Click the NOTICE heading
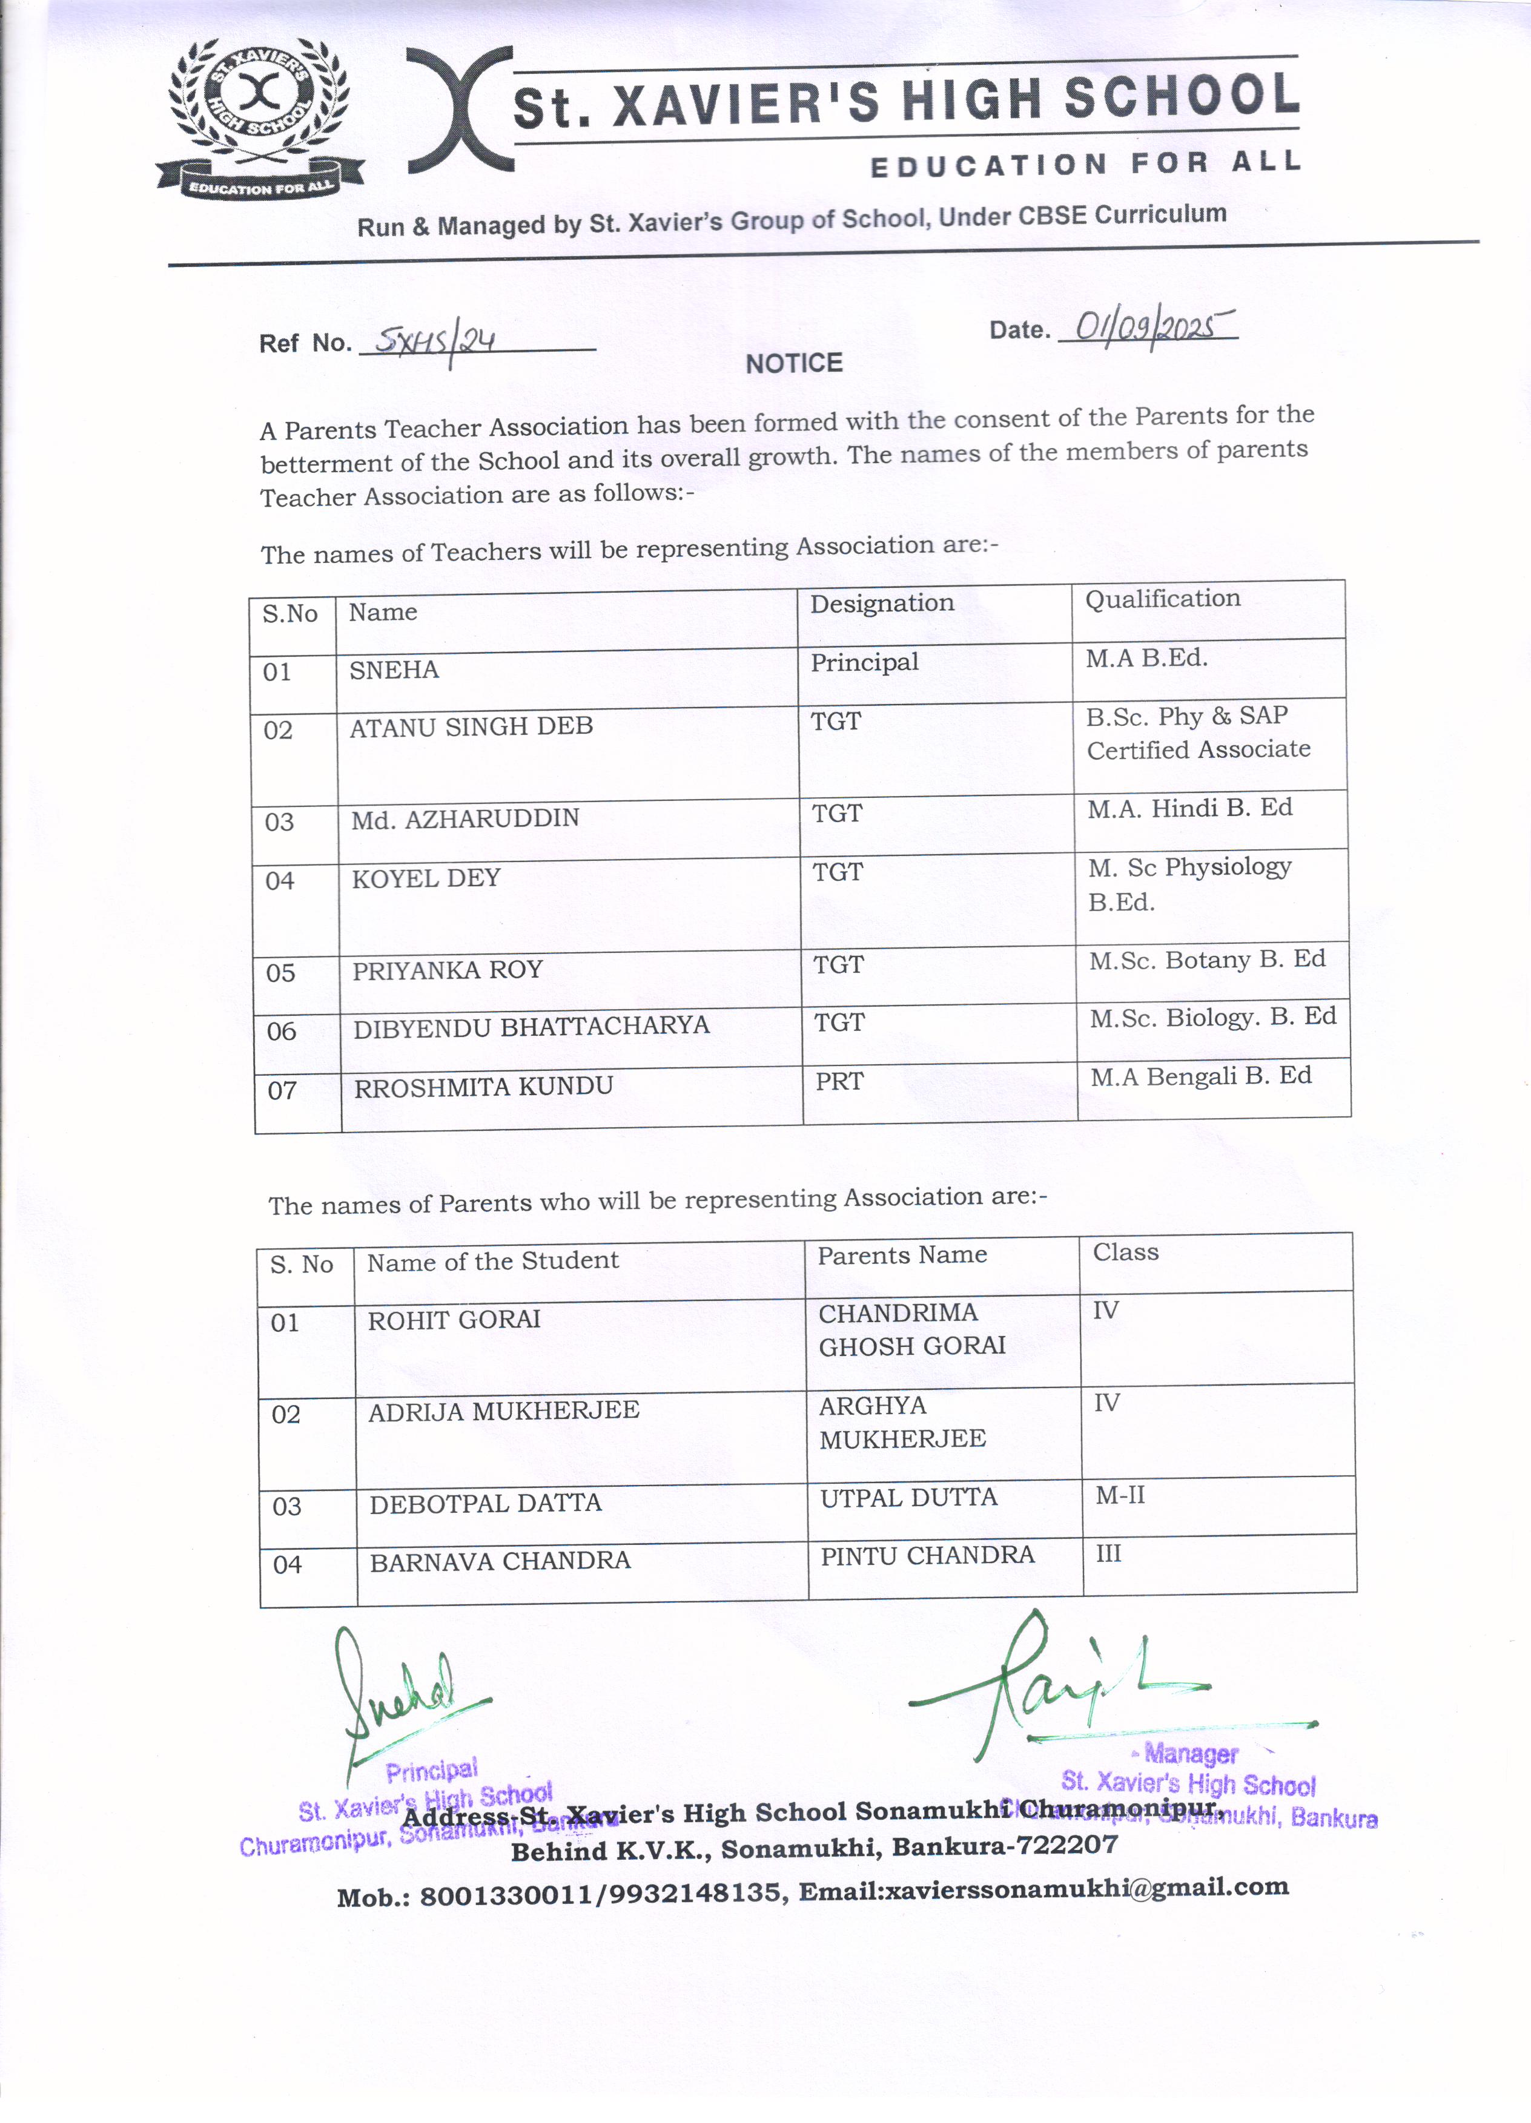click(x=794, y=363)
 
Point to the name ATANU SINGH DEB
click(x=471, y=727)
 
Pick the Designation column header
click(x=882, y=604)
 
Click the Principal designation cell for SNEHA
click(x=864, y=663)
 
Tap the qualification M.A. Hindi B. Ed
click(x=1189, y=809)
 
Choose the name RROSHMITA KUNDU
click(x=483, y=1087)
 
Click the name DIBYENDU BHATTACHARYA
click(x=531, y=1027)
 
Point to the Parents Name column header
click(x=902, y=1256)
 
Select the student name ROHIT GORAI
click(x=454, y=1320)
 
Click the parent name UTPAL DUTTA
click(x=908, y=1498)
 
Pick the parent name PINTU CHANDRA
click(x=927, y=1556)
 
